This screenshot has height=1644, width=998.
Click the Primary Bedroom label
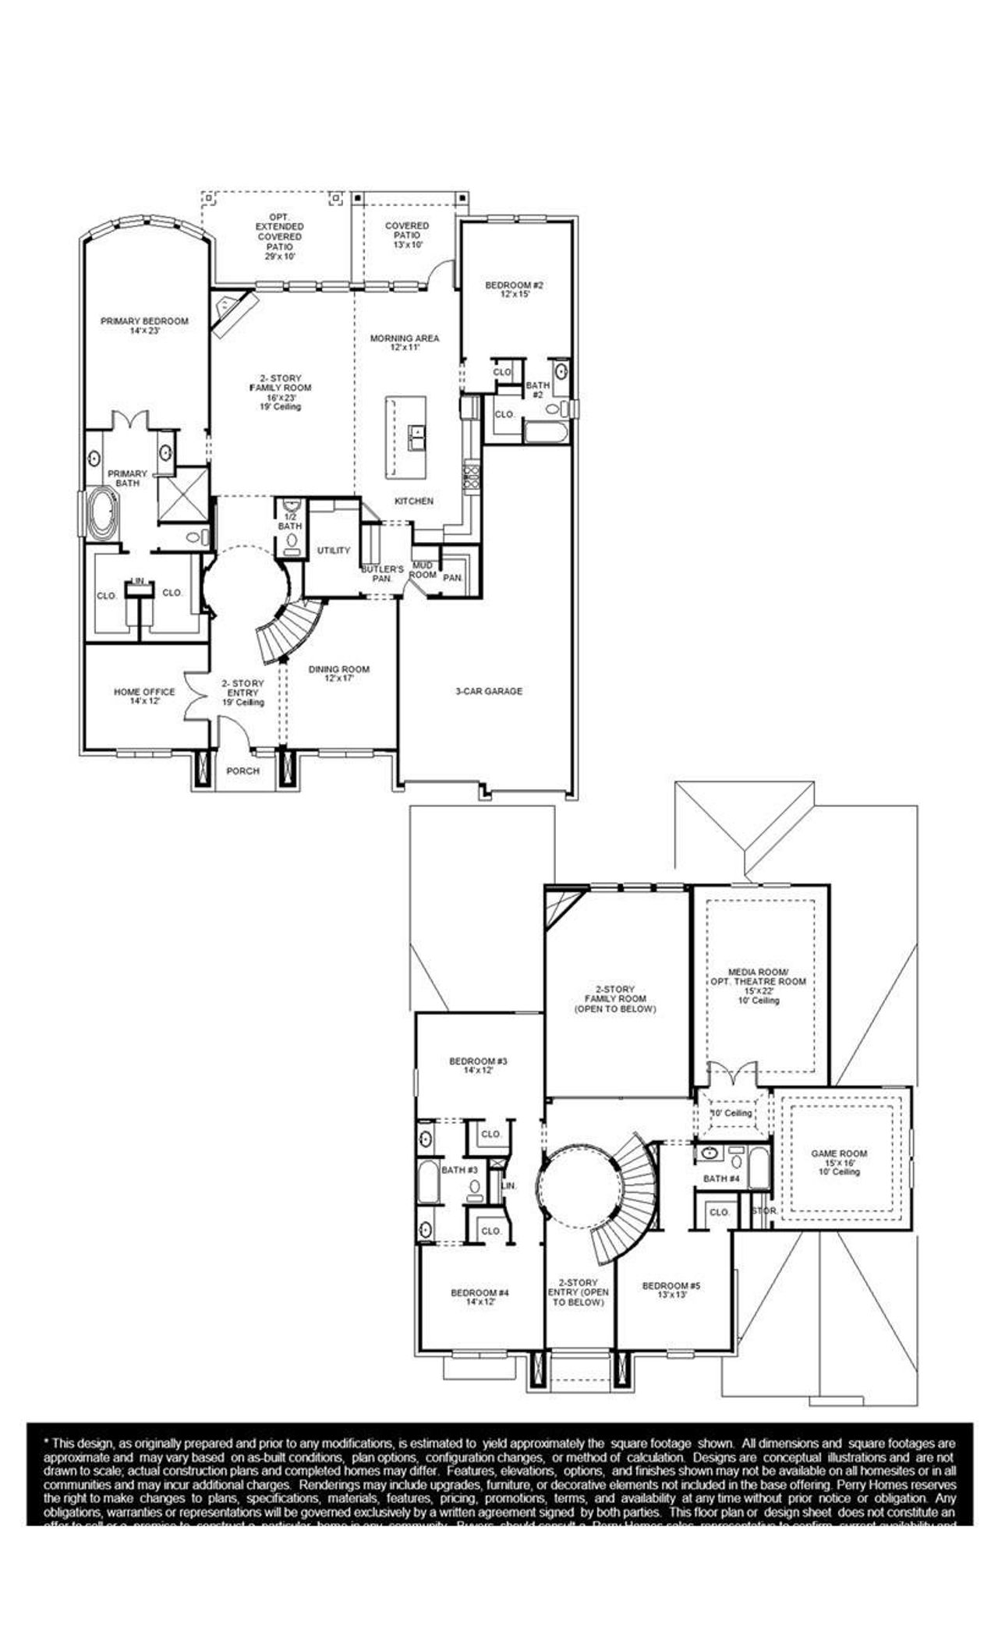pyautogui.click(x=144, y=321)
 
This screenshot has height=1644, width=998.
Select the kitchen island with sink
pyautogui.click(x=406, y=438)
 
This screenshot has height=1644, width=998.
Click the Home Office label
pyautogui.click(x=144, y=692)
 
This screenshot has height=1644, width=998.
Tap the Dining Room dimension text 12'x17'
pyautogui.click(x=338, y=679)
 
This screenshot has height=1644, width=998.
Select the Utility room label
pyautogui.click(x=334, y=551)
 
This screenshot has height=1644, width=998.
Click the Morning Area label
pyautogui.click(x=404, y=338)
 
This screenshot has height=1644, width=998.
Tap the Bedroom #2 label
pyautogui.click(x=514, y=285)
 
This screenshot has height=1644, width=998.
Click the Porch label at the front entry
pyautogui.click(x=242, y=771)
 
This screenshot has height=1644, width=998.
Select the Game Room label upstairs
pyautogui.click(x=839, y=1153)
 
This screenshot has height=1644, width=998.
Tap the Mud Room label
pyautogui.click(x=423, y=569)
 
